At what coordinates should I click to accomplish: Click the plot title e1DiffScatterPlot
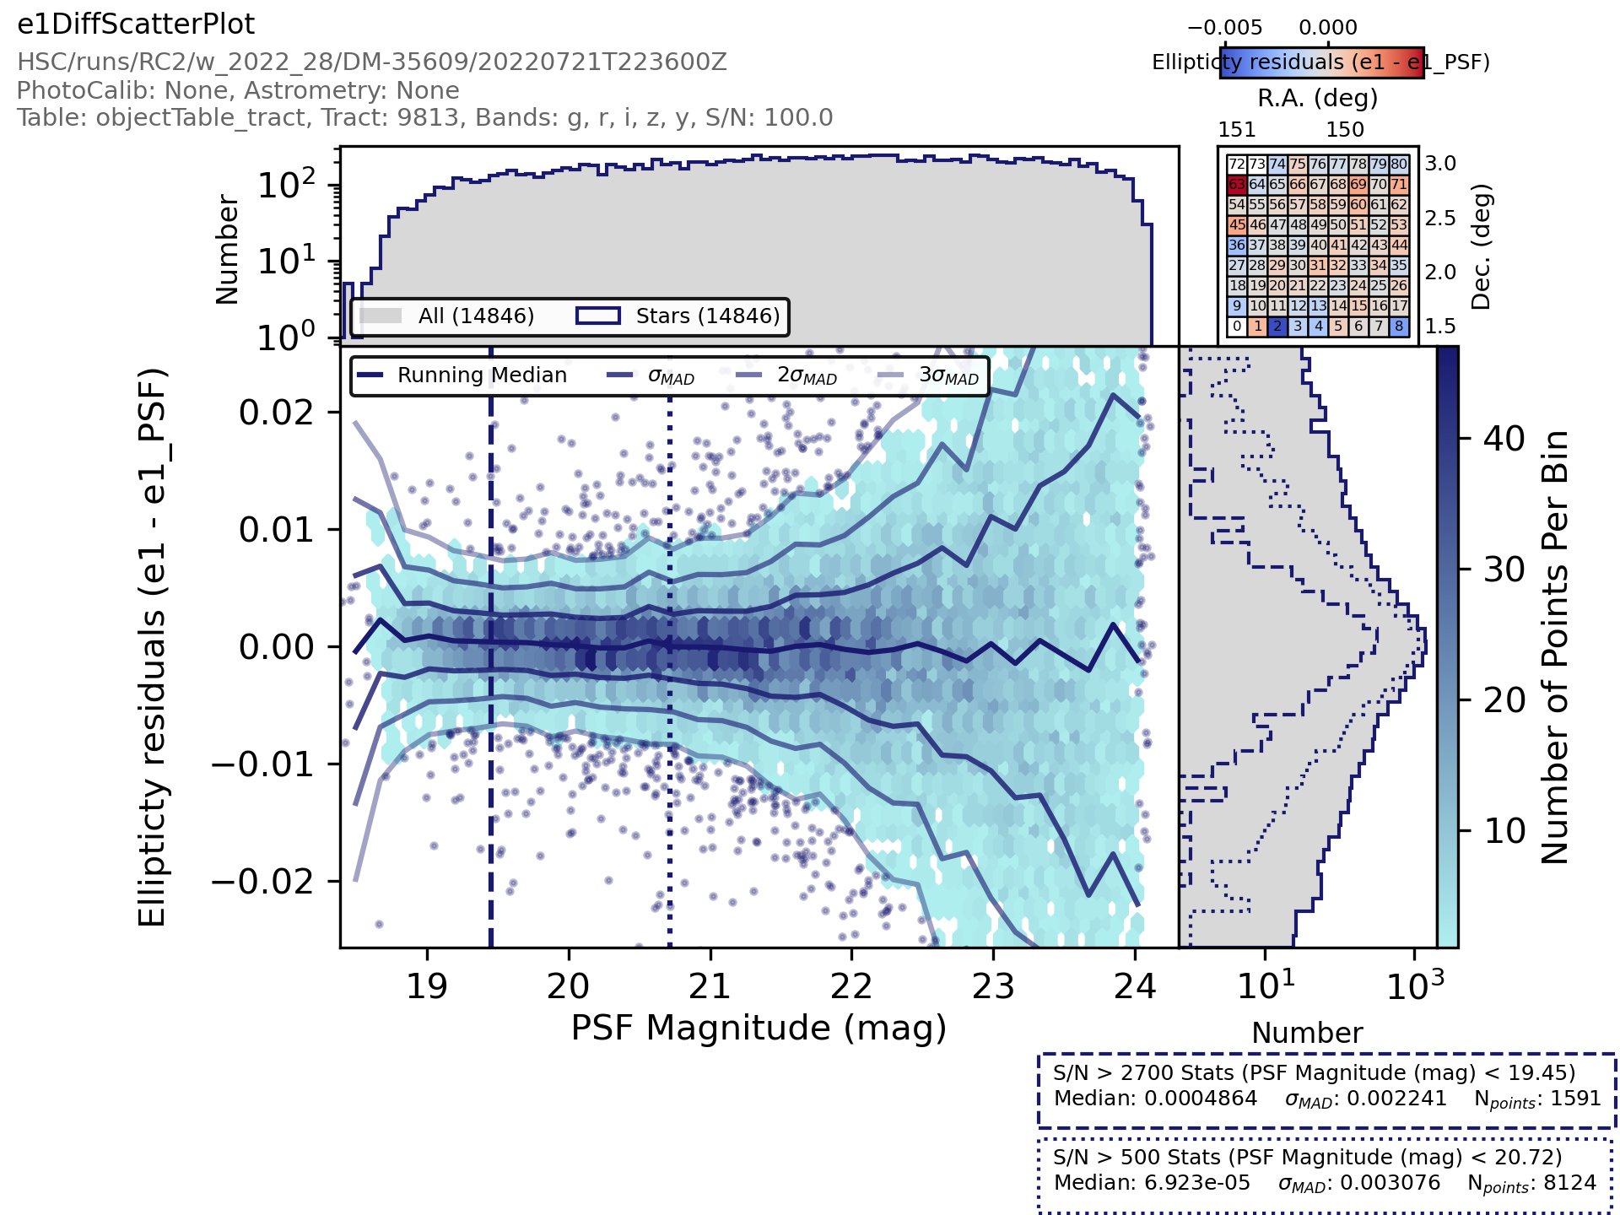point(136,24)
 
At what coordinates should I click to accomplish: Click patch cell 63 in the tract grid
point(1236,185)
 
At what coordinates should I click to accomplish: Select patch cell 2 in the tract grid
point(1277,327)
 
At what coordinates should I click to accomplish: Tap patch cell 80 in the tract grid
point(1399,165)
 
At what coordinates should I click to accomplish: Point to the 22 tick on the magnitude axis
point(851,985)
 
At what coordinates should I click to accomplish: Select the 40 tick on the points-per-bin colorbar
point(1504,439)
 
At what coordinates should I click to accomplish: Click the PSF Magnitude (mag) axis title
point(759,1029)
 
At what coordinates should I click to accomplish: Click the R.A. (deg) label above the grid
point(1317,99)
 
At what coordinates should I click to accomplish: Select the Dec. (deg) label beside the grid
point(1481,246)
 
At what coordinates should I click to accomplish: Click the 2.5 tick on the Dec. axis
point(1440,219)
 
